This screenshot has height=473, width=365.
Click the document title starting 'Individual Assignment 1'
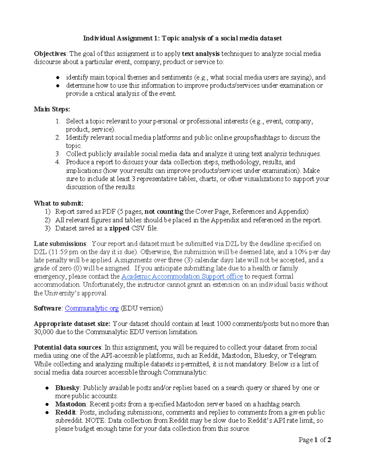(x=182, y=38)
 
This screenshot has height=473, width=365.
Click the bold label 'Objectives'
(x=50, y=54)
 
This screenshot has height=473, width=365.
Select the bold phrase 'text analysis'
(x=200, y=54)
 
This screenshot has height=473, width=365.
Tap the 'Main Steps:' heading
(x=52, y=109)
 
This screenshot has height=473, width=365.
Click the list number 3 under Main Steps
(x=58, y=154)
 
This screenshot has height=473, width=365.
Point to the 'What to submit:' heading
(x=58, y=203)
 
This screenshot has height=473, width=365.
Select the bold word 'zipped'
(x=119, y=228)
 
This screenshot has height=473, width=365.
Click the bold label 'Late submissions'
(x=60, y=244)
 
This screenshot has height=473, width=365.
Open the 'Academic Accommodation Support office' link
(x=182, y=277)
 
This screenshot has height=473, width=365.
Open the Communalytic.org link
(x=92, y=309)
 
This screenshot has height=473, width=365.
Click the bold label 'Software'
(x=48, y=309)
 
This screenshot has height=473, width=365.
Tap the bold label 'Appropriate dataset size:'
(x=72, y=324)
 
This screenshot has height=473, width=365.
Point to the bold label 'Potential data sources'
(x=67, y=348)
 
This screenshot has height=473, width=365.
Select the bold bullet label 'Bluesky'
(x=67, y=388)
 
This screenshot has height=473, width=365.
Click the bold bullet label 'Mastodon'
(x=70, y=404)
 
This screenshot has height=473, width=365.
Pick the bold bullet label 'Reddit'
(x=65, y=413)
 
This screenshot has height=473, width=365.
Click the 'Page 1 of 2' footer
(x=315, y=440)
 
